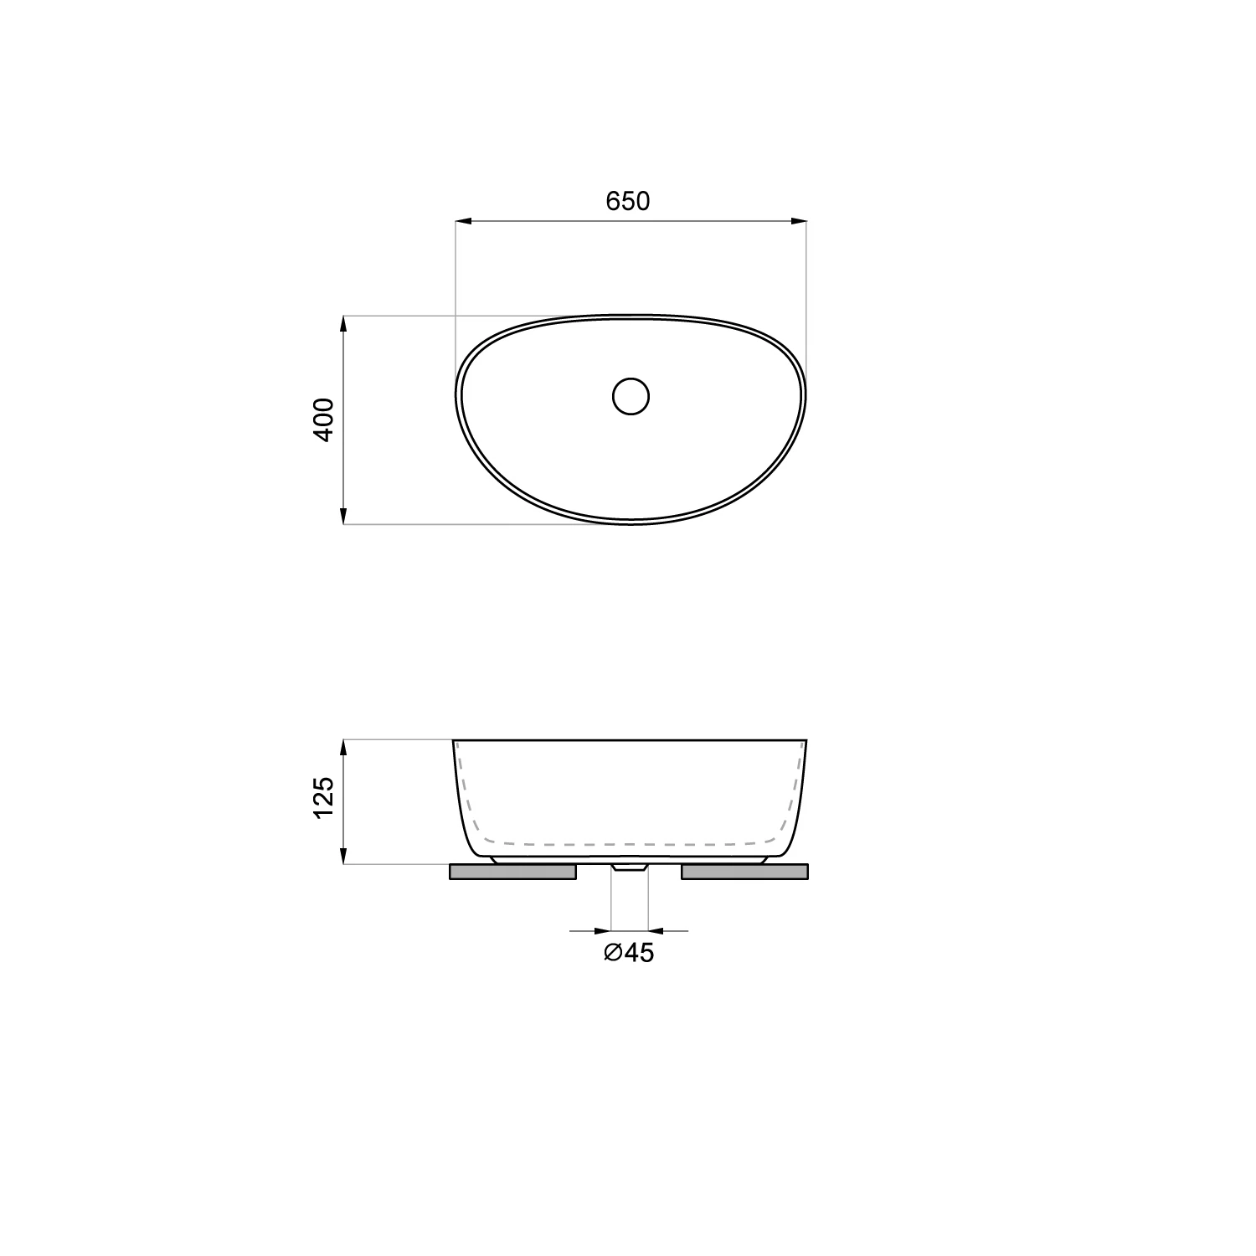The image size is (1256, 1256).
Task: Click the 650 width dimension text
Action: tap(628, 201)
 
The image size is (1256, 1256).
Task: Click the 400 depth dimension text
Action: tap(324, 420)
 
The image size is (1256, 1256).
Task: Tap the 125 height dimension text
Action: tap(324, 798)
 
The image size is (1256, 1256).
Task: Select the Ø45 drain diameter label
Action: tap(629, 953)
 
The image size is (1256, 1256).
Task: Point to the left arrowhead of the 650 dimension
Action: tap(463, 221)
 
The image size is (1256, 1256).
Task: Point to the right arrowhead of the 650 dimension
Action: tap(799, 221)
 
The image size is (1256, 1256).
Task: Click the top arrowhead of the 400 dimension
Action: tap(343, 324)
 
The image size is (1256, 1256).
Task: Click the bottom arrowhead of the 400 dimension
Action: tap(343, 516)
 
